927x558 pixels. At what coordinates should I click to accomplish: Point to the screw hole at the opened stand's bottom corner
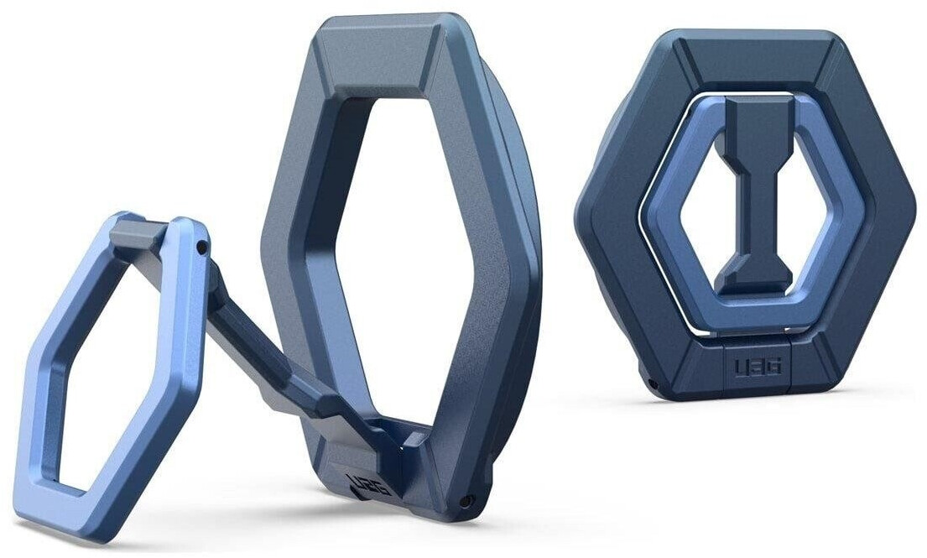pyautogui.click(x=467, y=501)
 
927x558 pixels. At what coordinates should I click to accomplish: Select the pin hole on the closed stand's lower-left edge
pyautogui.click(x=653, y=385)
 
